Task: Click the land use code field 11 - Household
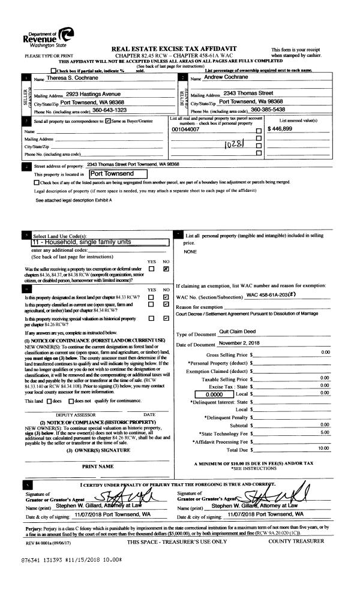point(85,242)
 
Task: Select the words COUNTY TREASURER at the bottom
point(296,541)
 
